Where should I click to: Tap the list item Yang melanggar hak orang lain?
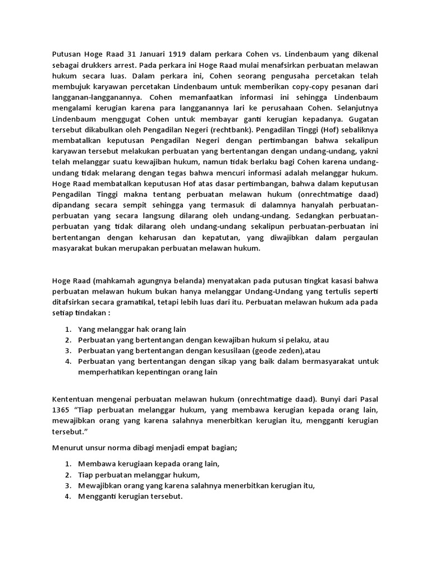[x=132, y=329]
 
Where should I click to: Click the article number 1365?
[x=62, y=410]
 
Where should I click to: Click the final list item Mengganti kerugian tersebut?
[x=131, y=497]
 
